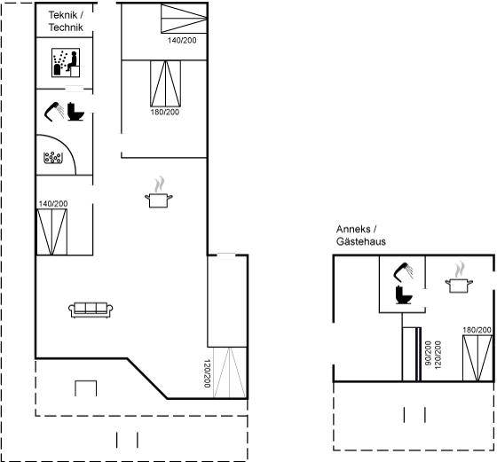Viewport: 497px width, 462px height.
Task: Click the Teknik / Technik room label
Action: pyautogui.click(x=66, y=21)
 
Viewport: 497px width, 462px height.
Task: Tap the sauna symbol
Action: pyautogui.click(x=66, y=63)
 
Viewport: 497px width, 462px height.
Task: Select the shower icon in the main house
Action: pyautogui.click(x=54, y=112)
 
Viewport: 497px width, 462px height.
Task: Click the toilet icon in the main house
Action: pyautogui.click(x=75, y=112)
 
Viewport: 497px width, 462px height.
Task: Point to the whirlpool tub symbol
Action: pyautogui.click(x=53, y=157)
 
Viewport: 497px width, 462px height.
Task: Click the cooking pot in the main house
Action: pyautogui.click(x=159, y=192)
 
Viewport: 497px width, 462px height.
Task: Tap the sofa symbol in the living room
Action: pyautogui.click(x=91, y=310)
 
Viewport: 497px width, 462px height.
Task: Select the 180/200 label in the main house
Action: pyautogui.click(x=165, y=112)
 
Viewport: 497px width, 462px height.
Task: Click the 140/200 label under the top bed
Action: pyautogui.click(x=182, y=40)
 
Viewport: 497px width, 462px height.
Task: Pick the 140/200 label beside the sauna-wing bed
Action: pyautogui.click(x=53, y=204)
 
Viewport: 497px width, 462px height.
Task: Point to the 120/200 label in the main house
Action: pyautogui.click(x=207, y=373)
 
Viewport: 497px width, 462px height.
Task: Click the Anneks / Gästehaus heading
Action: pyautogui.click(x=361, y=235)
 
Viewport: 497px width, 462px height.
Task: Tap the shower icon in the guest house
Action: pyautogui.click(x=404, y=272)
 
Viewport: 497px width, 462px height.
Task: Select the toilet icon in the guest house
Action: pyautogui.click(x=404, y=294)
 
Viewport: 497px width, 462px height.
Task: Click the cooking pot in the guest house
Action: pyautogui.click(x=459, y=278)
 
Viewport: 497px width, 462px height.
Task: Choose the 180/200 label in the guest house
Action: pyautogui.click(x=477, y=330)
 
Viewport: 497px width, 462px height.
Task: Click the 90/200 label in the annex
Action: pyautogui.click(x=428, y=354)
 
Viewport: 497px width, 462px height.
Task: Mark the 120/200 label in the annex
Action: pyautogui.click(x=438, y=355)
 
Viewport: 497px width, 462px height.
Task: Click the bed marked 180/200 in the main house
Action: pyautogui.click(x=165, y=83)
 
